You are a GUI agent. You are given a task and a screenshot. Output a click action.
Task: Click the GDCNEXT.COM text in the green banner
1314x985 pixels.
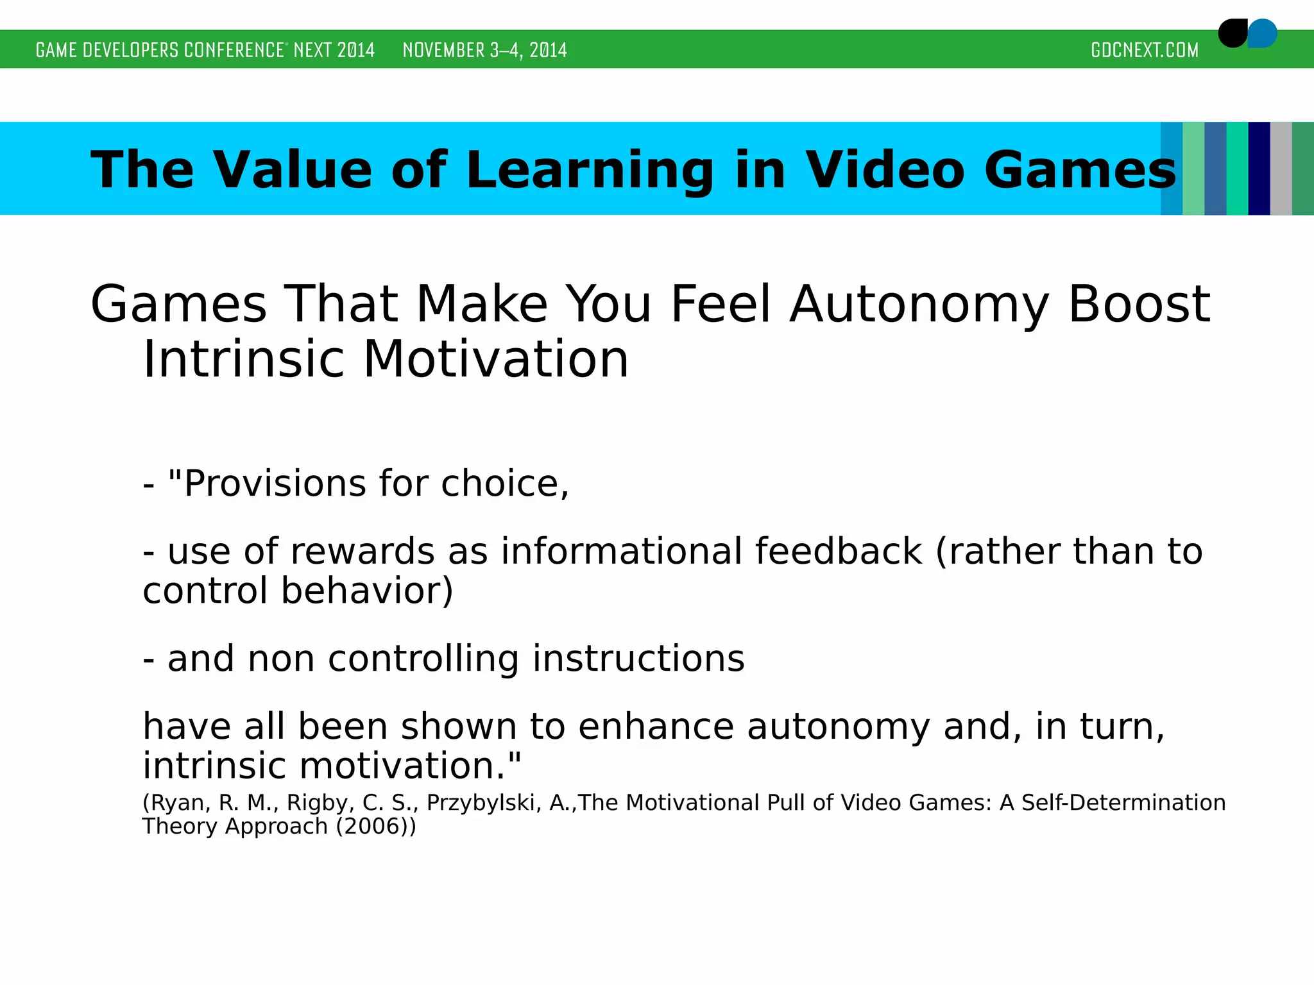1144,50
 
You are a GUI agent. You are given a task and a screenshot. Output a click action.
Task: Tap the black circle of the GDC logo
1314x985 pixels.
1232,33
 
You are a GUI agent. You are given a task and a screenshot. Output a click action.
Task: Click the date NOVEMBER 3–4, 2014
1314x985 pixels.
484,50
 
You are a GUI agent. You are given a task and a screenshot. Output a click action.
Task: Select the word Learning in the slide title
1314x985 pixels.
590,171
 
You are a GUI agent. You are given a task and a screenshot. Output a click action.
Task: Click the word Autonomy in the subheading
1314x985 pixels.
919,305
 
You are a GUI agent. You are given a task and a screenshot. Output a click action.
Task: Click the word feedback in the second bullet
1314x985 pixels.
838,551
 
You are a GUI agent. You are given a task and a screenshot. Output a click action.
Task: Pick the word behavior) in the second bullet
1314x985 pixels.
367,591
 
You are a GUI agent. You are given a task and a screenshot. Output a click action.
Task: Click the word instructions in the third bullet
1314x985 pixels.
638,659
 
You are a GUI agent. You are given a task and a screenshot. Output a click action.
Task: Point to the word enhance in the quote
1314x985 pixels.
656,727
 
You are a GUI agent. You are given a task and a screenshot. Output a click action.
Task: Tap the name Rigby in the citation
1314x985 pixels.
316,803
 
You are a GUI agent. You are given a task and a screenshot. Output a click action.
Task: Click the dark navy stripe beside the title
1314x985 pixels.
1259,168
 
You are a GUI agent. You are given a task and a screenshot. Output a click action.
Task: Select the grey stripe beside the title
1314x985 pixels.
1281,168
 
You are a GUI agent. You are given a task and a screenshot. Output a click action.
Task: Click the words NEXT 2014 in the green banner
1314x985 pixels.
334,50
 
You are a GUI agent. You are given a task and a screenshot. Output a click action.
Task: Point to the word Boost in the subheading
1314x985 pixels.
1139,304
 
